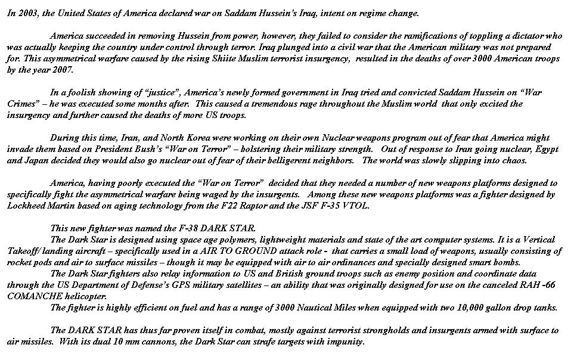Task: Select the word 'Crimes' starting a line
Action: (x=21, y=104)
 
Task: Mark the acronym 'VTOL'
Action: (x=356, y=206)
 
